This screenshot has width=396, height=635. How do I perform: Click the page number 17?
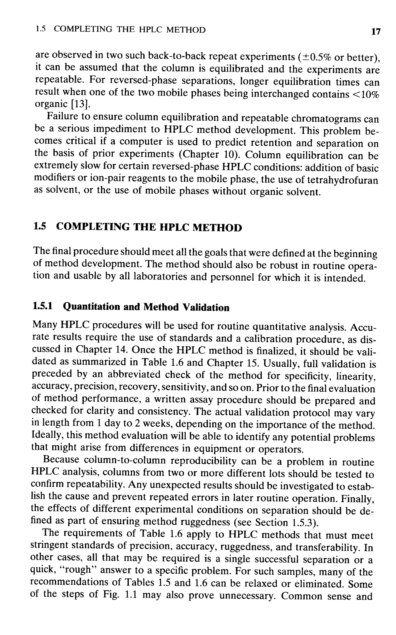[376, 32]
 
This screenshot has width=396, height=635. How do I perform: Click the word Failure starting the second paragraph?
[62, 117]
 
